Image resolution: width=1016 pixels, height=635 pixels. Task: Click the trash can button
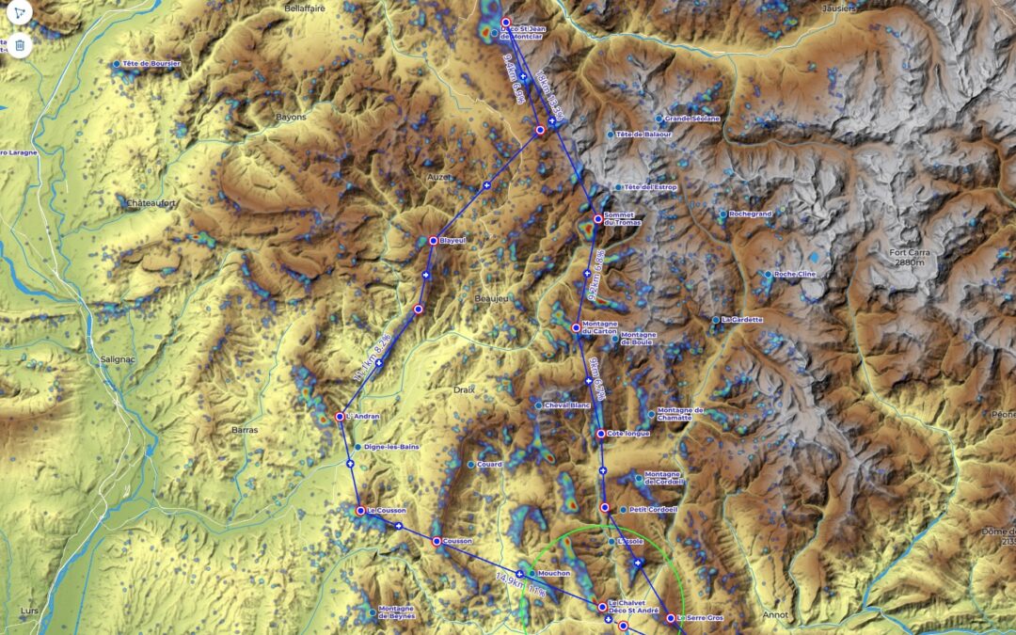19,44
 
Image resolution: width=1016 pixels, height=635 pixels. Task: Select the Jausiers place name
838,8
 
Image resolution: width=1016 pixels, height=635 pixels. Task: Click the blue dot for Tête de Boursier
117,64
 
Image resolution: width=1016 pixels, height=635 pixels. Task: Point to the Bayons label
291,118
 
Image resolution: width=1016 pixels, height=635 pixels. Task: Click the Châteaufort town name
151,202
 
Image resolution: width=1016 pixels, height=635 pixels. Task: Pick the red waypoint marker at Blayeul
433,241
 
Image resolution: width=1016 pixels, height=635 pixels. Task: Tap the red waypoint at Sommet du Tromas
597,219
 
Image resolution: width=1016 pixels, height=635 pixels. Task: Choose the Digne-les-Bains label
389,447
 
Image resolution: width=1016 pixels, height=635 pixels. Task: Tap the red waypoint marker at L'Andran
340,417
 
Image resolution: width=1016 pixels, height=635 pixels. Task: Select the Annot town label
776,615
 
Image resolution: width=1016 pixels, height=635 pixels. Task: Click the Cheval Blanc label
567,405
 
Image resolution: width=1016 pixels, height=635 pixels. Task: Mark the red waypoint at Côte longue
600,434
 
